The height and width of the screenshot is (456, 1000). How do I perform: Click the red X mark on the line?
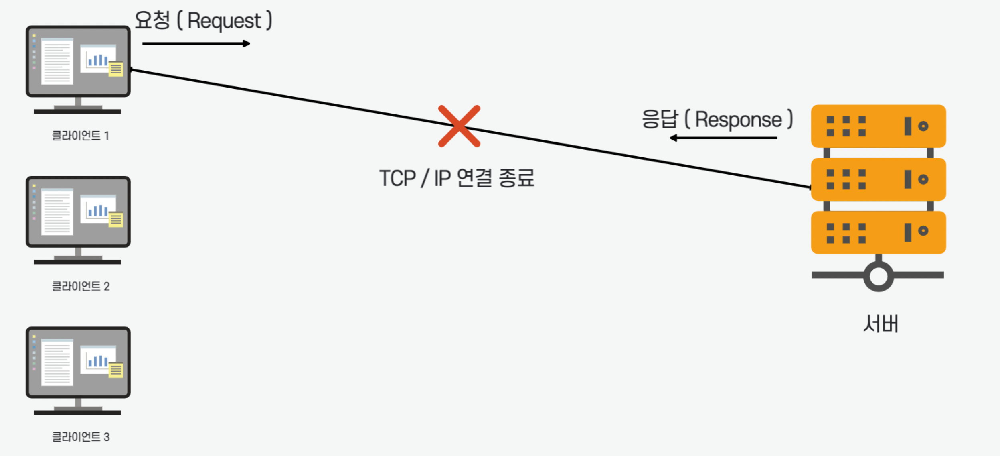[459, 126]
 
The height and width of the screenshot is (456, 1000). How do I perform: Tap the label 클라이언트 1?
[81, 136]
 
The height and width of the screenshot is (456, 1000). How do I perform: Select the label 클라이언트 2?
[81, 286]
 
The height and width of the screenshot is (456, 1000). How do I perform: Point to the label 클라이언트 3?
[81, 437]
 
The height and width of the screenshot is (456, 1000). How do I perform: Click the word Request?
[224, 21]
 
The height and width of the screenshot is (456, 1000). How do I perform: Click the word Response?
[738, 120]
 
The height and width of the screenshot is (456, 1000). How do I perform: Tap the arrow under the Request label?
[196, 43]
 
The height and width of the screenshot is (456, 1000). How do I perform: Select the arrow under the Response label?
[723, 138]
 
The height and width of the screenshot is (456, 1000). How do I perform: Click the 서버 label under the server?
[881, 324]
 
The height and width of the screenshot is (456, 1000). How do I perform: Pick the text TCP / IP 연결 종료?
[457, 178]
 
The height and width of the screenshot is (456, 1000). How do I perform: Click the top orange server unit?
[878, 126]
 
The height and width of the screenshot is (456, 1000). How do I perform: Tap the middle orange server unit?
[878, 179]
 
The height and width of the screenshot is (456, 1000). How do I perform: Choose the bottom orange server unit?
[878, 232]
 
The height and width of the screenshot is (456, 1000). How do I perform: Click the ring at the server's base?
[878, 276]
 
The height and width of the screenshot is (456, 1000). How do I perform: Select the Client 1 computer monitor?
[78, 61]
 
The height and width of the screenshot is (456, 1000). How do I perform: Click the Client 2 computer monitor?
[78, 212]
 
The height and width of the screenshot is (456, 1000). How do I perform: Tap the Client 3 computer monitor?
[78, 362]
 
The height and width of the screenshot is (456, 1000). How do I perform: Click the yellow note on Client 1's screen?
[116, 69]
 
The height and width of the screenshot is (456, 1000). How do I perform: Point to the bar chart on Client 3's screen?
[97, 361]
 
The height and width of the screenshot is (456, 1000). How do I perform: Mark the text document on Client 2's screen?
[57, 212]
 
